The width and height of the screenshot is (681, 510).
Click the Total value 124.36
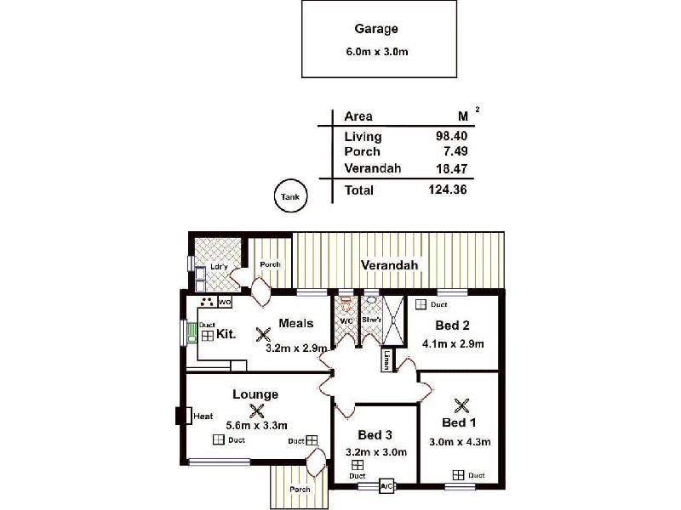pos(448,190)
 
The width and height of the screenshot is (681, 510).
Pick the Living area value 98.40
pos(451,136)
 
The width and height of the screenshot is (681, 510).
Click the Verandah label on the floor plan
pos(389,265)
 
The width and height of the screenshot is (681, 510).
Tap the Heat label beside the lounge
pos(203,416)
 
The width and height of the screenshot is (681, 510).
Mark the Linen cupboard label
pos(386,360)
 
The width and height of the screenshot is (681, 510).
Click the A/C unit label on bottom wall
pos(386,487)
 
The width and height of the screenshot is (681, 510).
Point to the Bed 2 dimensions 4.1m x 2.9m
pos(453,344)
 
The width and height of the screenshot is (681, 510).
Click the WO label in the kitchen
pos(225,302)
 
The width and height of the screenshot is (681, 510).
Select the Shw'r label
pos(370,320)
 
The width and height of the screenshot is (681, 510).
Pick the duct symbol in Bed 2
pos(421,304)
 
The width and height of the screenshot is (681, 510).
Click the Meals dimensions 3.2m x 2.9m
pos(296,348)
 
